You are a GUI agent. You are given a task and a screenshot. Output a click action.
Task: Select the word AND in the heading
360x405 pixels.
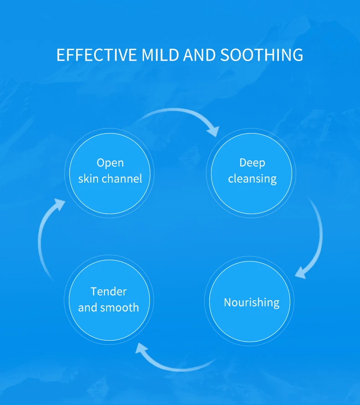200,55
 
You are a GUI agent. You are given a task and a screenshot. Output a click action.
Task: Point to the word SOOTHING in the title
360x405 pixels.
262,55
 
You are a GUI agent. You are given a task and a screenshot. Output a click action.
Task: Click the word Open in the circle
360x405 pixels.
110,163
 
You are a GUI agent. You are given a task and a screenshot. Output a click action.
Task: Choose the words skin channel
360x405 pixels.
110,178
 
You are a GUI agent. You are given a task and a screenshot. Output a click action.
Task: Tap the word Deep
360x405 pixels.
252,163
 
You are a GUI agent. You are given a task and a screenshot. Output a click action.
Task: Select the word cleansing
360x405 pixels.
252,179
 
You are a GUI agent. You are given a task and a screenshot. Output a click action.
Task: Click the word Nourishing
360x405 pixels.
252,302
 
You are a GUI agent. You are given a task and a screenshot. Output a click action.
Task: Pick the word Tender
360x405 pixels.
108,291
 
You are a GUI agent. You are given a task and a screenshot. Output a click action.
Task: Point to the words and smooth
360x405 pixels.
108,308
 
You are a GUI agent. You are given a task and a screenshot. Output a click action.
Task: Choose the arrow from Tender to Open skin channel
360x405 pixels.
43,237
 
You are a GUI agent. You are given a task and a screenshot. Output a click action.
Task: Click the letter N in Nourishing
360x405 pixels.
228,302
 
